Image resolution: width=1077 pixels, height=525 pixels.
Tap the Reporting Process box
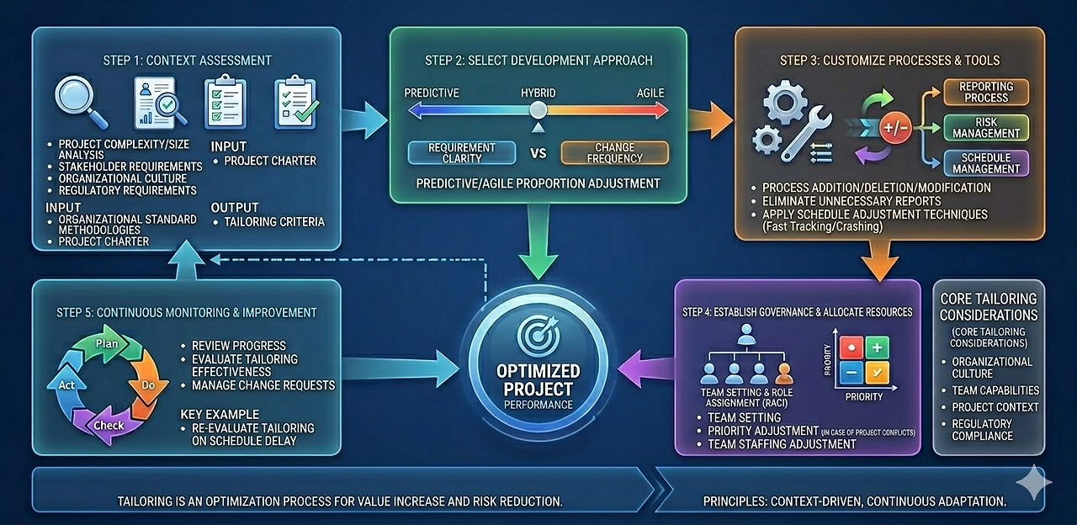(986, 92)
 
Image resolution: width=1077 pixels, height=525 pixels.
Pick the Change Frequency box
(614, 152)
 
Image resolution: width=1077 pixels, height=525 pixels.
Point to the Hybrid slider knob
(538, 109)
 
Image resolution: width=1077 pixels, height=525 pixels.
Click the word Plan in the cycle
(107, 343)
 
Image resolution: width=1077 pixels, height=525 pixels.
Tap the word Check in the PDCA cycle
(108, 425)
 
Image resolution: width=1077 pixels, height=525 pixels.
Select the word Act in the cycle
(67, 384)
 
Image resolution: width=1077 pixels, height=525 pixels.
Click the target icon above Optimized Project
(538, 337)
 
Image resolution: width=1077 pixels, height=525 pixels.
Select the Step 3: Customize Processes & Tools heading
(889, 61)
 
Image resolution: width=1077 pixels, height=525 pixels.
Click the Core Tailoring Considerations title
(989, 307)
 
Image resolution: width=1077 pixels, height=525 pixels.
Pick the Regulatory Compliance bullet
(982, 430)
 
